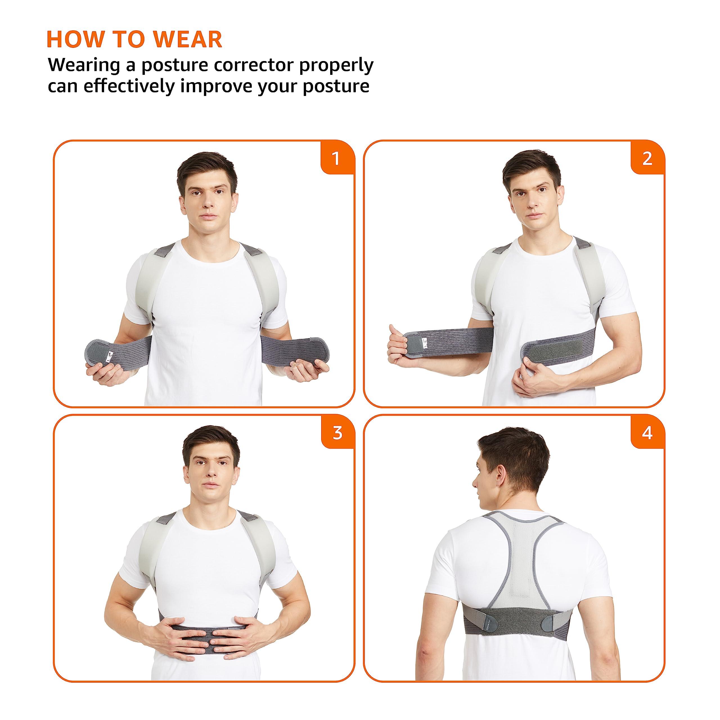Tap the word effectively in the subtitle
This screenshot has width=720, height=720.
[129, 86]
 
